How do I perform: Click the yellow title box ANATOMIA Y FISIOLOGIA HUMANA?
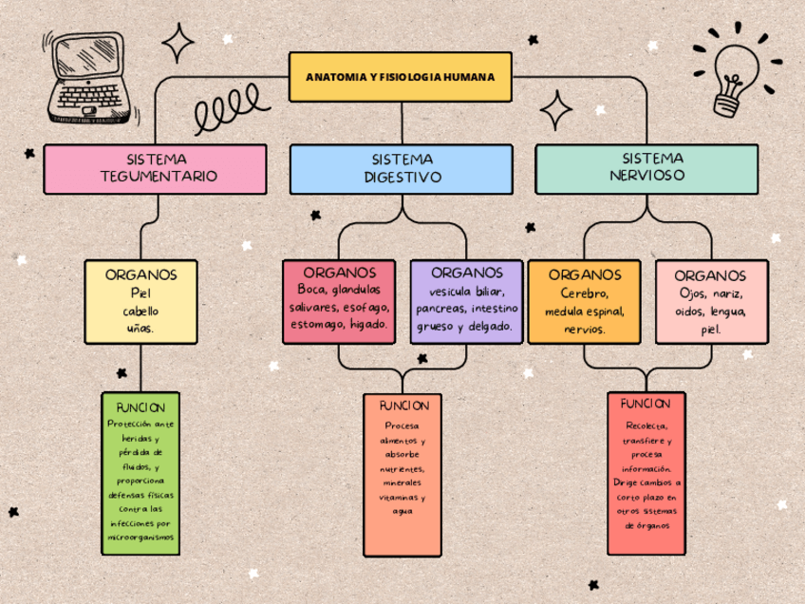coord(400,77)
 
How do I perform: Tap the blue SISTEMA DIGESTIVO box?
coord(402,169)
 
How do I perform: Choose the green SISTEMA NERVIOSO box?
coord(646,168)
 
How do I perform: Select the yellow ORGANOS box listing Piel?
coord(140,301)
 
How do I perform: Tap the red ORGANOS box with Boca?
coord(339,301)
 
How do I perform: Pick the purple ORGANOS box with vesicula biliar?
coord(466,301)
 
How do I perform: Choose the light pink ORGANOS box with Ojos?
coord(711,301)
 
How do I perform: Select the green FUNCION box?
coord(140,472)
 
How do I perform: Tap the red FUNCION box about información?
coord(646,472)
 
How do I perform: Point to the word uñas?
coord(140,329)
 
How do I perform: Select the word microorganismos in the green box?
coord(140,538)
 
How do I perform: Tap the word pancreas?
coord(440,310)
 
